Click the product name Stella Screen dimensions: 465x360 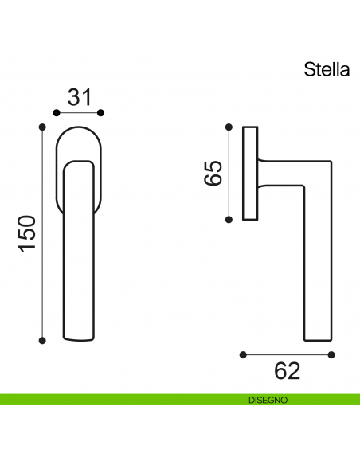[327, 69]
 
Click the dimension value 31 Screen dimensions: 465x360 [78, 97]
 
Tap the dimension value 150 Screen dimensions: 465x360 [27, 233]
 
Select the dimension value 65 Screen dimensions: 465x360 [213, 172]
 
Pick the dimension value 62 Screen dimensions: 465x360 [288, 371]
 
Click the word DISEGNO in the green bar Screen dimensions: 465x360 [261, 401]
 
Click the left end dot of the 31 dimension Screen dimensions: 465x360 [55, 113]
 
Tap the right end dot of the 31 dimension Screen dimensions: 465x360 [101, 113]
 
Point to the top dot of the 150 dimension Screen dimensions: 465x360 [43, 126]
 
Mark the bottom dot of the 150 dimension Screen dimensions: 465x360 [43, 341]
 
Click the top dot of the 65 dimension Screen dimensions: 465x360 [229, 126]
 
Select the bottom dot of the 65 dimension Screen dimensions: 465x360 [229, 219]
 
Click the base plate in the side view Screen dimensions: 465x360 [250, 172]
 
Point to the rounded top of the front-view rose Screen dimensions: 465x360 [78, 129]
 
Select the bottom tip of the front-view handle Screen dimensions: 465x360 [78, 341]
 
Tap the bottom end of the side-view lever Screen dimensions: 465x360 [317, 339]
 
